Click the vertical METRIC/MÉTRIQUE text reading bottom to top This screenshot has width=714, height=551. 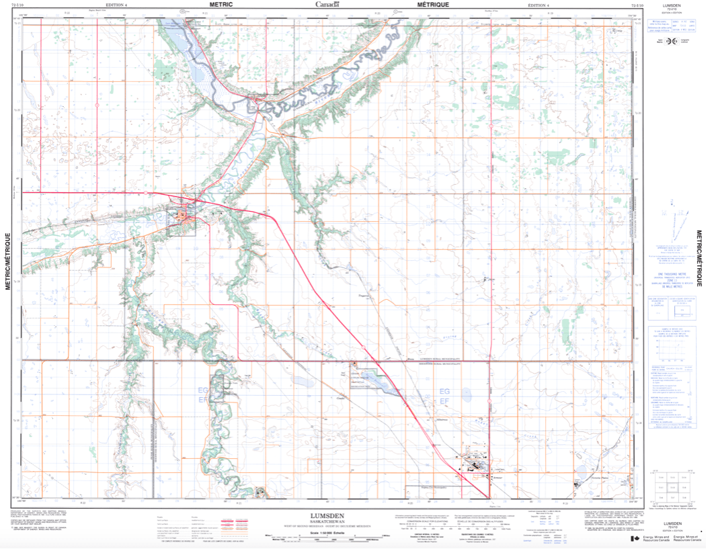(8, 261)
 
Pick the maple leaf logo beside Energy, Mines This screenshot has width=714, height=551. (635, 539)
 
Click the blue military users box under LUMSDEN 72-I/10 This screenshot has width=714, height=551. (662, 25)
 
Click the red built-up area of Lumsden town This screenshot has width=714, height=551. (183, 216)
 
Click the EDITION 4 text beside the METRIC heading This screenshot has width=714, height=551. (116, 5)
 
